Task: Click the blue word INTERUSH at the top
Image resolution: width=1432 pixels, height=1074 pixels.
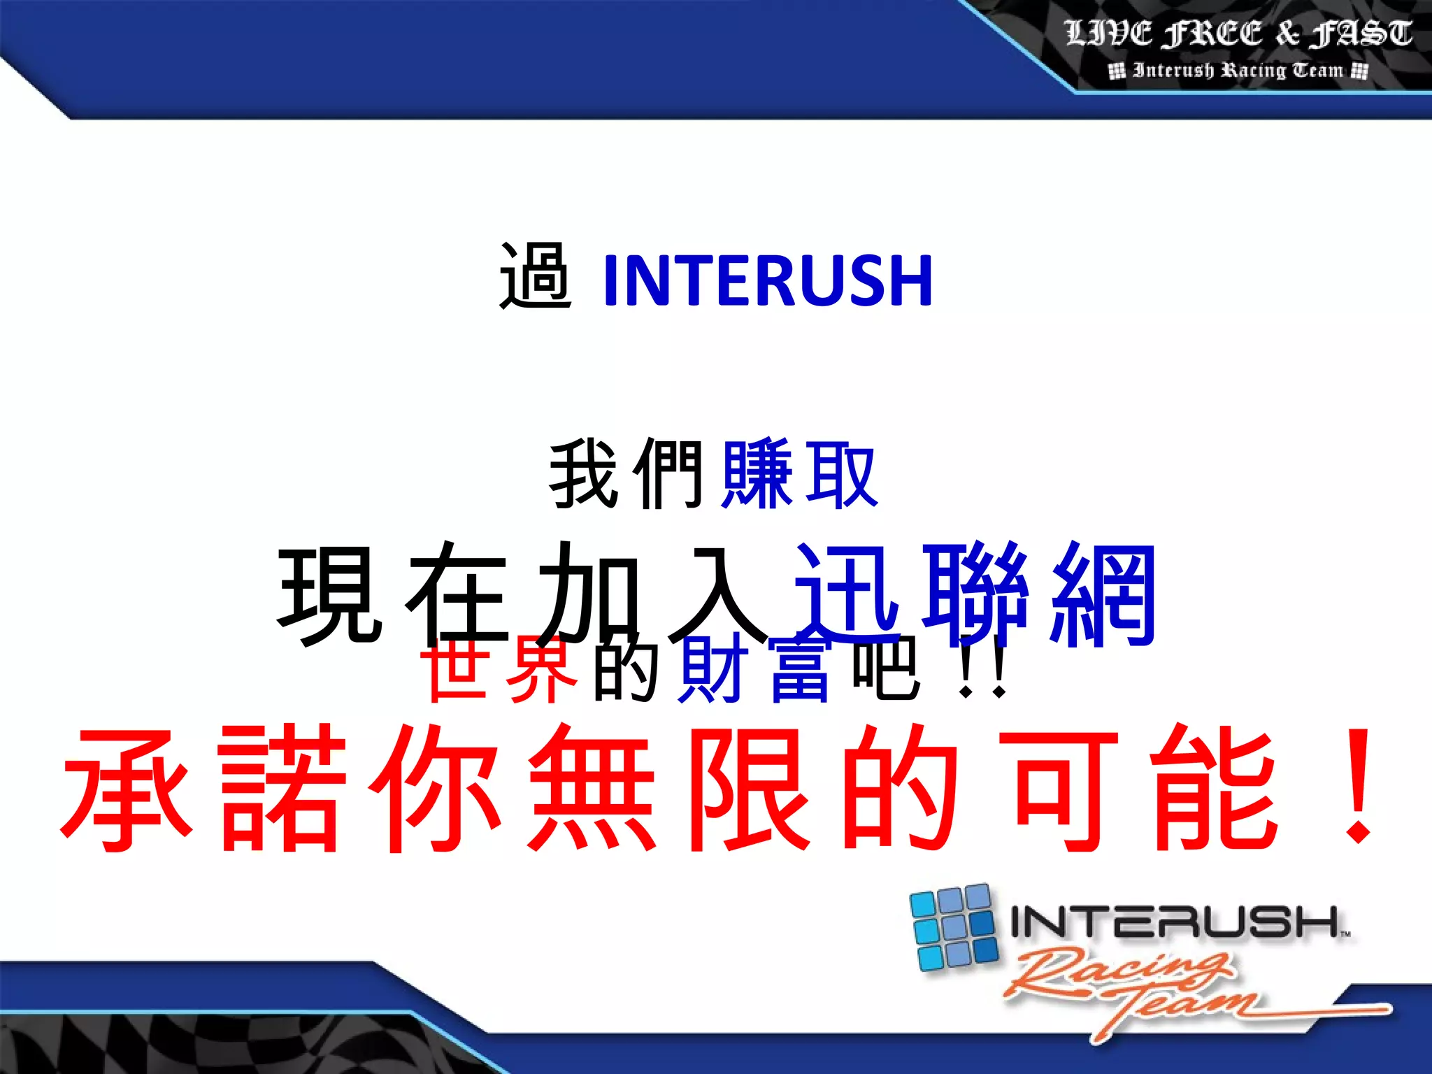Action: (x=767, y=281)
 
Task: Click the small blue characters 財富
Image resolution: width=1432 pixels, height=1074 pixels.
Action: (x=755, y=670)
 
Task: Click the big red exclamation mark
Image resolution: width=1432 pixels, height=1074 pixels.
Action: (x=1359, y=787)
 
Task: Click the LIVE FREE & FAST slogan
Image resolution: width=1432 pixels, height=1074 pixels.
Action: (x=1238, y=34)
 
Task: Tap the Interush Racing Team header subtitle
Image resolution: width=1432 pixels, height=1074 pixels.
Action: (x=1238, y=71)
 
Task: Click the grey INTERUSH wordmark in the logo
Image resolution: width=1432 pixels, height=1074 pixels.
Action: (x=1175, y=922)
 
